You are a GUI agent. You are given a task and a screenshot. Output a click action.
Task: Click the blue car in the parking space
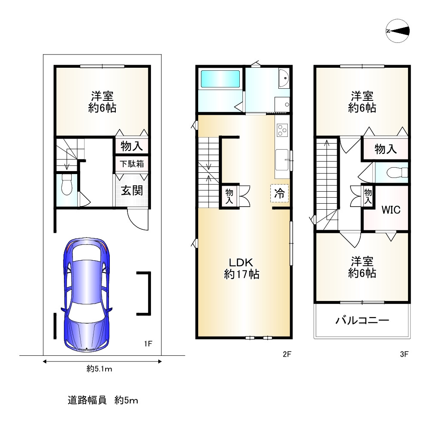87,295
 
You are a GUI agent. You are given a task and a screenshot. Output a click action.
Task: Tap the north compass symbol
398,31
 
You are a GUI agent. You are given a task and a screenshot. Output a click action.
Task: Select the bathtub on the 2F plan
220,79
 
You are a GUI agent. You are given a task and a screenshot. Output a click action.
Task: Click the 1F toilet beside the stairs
66,185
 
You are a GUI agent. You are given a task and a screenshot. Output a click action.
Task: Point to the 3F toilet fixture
397,173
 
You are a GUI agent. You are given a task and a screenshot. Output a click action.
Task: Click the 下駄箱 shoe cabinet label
132,164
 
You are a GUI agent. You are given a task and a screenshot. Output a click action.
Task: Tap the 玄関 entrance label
132,190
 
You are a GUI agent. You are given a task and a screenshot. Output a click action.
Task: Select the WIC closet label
391,210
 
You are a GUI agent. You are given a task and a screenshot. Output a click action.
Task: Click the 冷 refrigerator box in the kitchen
280,193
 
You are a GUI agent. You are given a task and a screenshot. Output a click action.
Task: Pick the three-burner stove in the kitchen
282,130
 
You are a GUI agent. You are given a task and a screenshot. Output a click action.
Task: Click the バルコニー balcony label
362,320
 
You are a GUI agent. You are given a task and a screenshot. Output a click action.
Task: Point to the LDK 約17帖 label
242,268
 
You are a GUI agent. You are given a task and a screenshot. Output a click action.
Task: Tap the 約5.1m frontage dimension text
100,369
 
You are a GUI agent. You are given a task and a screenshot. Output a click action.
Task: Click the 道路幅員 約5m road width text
103,400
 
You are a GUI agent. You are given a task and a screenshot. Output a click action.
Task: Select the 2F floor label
287,354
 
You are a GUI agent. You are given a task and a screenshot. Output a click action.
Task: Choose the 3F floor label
404,354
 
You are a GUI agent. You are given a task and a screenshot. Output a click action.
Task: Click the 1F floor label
148,344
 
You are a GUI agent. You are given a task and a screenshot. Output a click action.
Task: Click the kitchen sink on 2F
282,160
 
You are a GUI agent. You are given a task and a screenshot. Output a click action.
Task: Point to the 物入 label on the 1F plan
132,146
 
